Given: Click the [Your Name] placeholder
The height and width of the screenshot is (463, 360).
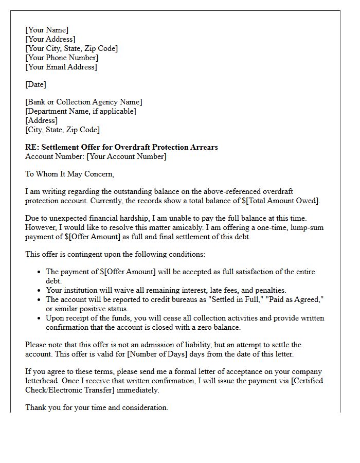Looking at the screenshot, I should (47, 30).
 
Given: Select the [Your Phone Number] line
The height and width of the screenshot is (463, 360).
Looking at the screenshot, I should (62, 58).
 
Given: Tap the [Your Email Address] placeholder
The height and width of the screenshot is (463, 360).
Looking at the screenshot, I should (61, 67).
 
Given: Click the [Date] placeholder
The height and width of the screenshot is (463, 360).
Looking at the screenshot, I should (35, 84).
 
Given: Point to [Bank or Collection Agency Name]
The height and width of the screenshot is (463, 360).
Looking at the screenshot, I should (84, 102).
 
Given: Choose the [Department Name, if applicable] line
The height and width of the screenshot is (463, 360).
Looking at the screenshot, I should (81, 111).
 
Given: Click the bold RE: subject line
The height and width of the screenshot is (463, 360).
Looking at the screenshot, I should (121, 147).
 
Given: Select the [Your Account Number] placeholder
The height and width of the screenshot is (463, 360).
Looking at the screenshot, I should (127, 156).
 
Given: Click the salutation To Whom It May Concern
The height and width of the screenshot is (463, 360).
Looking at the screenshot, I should (69, 174).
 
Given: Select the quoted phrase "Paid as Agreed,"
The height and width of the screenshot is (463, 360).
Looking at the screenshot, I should (292, 299).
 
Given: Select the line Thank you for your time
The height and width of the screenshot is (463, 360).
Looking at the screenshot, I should (97, 407).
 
